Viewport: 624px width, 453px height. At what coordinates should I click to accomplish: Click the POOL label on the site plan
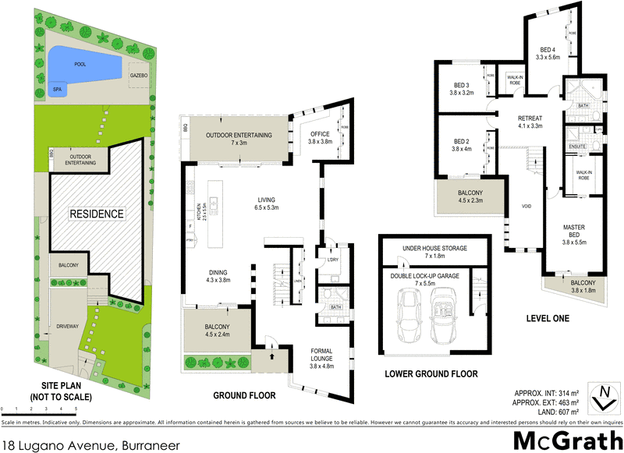tap(80, 64)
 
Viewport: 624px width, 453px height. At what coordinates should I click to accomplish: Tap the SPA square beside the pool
tap(57, 90)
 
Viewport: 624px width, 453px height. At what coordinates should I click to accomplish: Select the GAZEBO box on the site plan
tap(139, 75)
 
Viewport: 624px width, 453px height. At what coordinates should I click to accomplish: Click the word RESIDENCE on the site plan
tap(97, 213)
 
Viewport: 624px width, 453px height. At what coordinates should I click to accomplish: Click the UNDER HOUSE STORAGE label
tap(434, 252)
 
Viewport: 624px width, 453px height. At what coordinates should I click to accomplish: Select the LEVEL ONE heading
tap(548, 318)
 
